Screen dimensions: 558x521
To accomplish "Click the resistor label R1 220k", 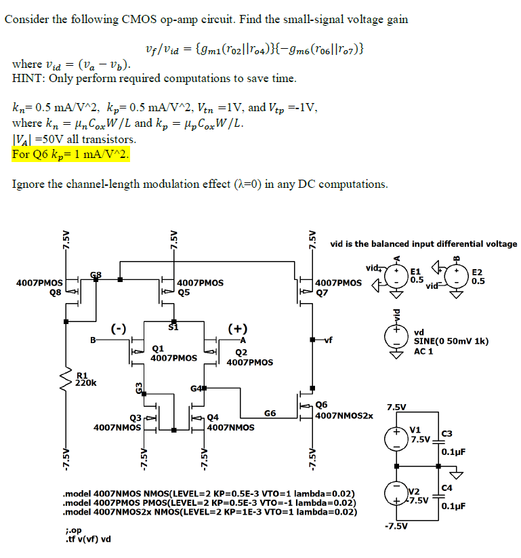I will (x=85, y=378).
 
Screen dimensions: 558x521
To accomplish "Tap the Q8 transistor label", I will (x=55, y=292).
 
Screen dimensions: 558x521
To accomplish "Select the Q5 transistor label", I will (x=184, y=292).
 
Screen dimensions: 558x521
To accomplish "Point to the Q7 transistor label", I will (x=322, y=294).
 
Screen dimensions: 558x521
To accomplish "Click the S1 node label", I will (x=173, y=327).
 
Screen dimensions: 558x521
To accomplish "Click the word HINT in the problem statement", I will (x=28, y=79).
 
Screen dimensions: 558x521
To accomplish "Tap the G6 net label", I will (x=270, y=412).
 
